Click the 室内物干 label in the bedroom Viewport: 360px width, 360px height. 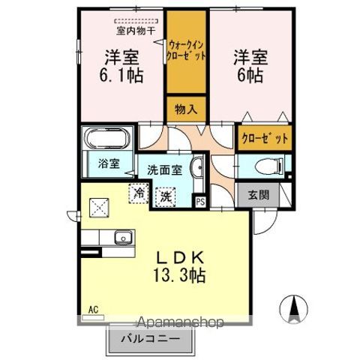coord(135,31)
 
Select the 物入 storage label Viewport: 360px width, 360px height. coord(187,109)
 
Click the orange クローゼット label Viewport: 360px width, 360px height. coord(264,139)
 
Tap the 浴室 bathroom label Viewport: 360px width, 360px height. coord(108,163)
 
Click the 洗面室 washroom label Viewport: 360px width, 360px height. coord(164,169)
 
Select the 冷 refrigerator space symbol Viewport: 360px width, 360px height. coord(139,193)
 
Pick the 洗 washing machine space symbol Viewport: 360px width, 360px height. coord(163,197)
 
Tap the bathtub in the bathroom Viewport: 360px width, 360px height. coord(107,139)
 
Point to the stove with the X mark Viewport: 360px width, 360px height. coord(99,205)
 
